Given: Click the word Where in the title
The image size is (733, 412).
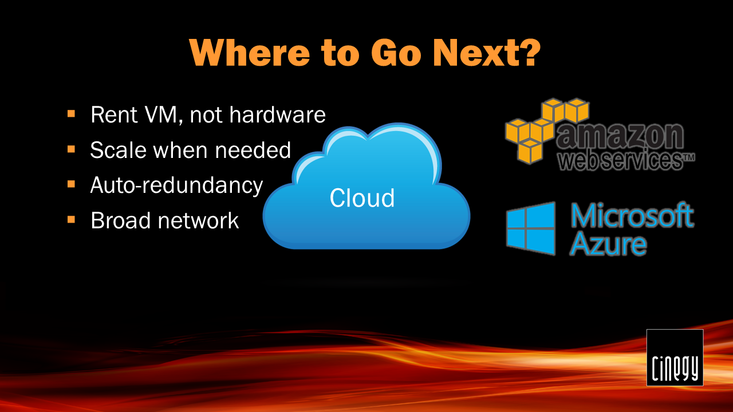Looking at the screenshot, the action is click(x=249, y=53).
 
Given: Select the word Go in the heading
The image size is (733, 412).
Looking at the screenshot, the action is click(x=396, y=53).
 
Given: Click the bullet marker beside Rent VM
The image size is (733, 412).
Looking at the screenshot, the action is click(x=71, y=114).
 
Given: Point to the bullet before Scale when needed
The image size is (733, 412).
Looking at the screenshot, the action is click(x=71, y=149).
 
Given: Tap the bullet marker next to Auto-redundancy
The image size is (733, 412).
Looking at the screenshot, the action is click(x=71, y=184).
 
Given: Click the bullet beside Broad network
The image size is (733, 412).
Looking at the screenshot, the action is click(x=71, y=219).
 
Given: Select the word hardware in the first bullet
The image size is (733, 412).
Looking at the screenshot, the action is click(x=278, y=114).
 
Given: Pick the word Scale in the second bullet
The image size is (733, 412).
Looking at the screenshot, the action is click(x=119, y=150).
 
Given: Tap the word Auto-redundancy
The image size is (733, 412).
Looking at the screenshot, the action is click(x=176, y=185).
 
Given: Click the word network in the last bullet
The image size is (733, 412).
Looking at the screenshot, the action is click(x=198, y=220).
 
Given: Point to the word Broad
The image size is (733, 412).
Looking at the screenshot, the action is click(x=120, y=220).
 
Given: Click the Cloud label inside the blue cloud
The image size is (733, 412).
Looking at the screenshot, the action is click(x=362, y=198).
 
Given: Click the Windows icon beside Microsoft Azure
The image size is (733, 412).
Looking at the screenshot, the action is click(x=531, y=228).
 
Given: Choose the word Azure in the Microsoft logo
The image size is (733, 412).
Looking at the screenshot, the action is click(x=608, y=244).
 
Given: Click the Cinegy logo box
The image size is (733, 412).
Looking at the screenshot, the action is click(x=675, y=358).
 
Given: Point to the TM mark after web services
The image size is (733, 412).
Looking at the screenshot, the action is click(x=688, y=157).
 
